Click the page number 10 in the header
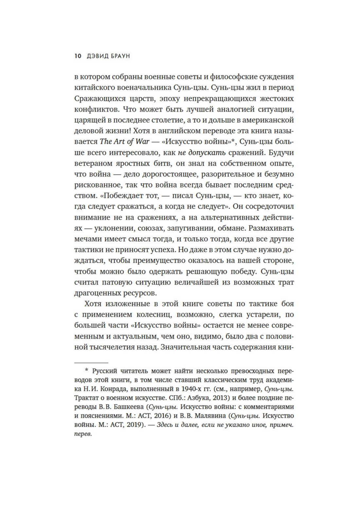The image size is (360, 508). click(78, 56)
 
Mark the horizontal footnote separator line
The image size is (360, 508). click(91, 363)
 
